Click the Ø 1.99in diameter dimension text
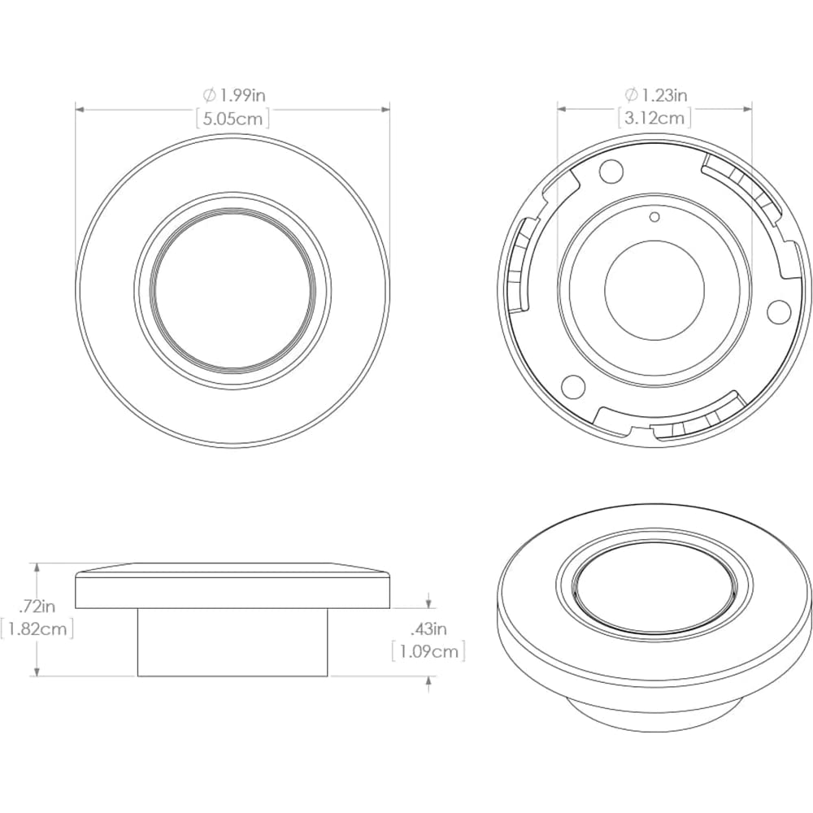point(233,95)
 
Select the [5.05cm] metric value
point(233,118)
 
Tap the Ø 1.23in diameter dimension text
point(654,95)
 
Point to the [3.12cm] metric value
point(654,118)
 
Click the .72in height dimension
point(37,605)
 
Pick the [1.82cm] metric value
point(37,628)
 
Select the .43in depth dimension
point(428,628)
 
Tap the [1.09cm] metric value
point(428,651)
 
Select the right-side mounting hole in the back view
point(778,309)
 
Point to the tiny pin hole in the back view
point(654,216)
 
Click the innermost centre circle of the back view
point(654,291)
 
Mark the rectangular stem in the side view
point(233,642)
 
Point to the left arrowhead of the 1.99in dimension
point(80,107)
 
